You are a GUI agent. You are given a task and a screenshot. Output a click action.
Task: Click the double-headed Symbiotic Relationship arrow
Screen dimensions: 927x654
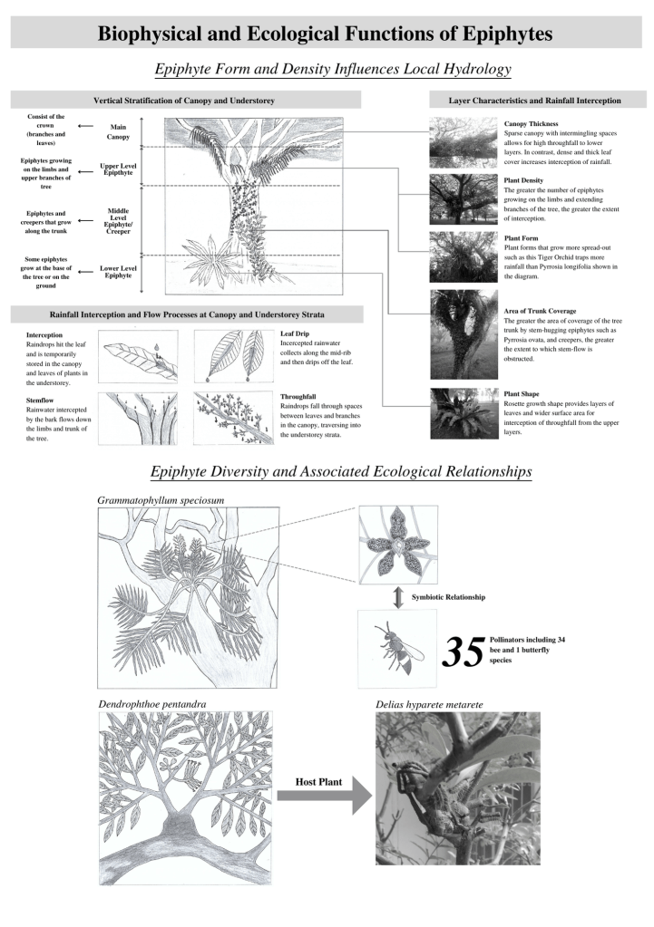(397, 597)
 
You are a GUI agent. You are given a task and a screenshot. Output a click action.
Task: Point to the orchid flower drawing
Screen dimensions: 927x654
(397, 544)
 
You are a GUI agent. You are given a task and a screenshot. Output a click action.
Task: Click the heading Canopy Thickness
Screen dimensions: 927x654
(531, 123)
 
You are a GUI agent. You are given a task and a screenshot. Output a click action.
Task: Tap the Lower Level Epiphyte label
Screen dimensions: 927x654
(119, 270)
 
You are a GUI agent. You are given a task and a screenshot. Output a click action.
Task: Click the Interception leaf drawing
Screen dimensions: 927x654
(139, 357)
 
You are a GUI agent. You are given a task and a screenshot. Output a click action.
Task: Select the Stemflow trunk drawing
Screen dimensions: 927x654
(139, 418)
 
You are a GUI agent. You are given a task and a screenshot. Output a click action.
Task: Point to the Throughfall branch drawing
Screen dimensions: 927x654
(233, 418)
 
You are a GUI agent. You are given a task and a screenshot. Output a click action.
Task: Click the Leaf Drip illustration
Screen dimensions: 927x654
(233, 357)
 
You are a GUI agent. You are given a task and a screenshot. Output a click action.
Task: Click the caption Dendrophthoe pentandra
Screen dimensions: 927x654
(152, 703)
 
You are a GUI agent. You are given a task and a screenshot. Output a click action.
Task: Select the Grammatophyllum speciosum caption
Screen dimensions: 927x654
(161, 499)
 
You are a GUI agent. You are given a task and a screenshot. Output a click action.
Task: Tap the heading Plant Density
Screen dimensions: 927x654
(524, 179)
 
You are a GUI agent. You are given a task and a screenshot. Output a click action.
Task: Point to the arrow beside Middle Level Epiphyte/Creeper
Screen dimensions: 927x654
(85, 218)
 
